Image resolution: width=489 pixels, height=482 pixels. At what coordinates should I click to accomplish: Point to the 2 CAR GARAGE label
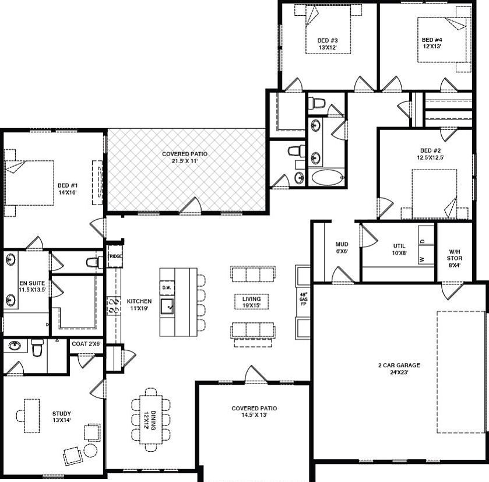[x=399, y=365]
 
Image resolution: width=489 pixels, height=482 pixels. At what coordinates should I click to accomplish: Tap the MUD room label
[x=342, y=244]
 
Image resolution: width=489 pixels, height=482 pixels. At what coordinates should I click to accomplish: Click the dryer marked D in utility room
[x=422, y=240]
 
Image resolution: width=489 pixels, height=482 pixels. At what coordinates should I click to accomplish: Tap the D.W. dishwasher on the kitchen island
[x=166, y=287]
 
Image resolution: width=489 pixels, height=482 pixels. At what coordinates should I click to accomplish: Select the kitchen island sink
[x=167, y=304]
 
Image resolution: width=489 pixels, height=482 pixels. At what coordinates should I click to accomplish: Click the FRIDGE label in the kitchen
[x=114, y=256]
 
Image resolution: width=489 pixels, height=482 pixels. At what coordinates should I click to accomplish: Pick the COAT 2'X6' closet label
[x=86, y=344]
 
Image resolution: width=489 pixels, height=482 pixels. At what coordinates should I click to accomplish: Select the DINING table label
[x=152, y=420]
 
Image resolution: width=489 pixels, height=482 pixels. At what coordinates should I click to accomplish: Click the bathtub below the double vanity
[x=326, y=177]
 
